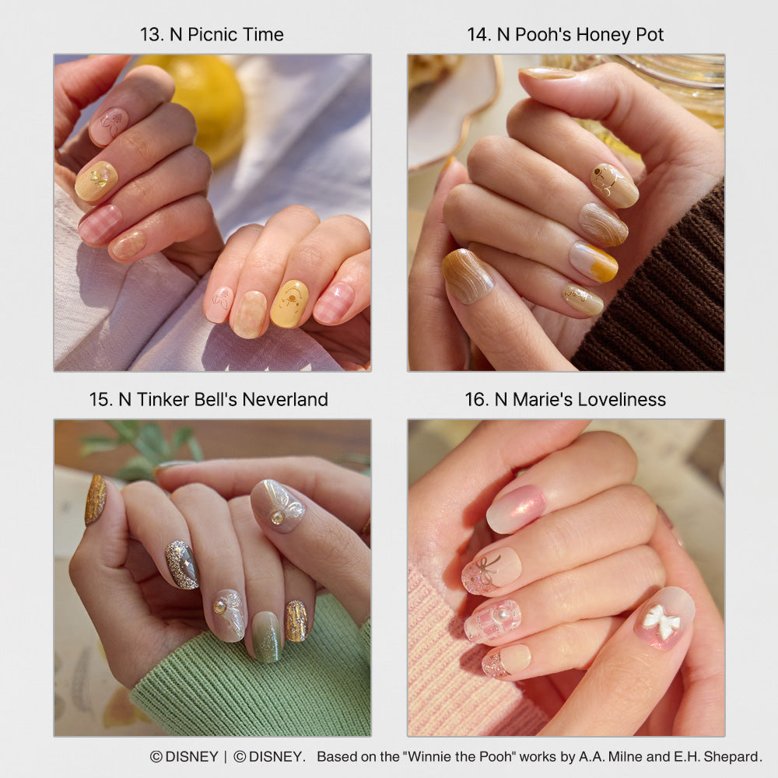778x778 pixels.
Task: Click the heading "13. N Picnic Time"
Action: point(212,35)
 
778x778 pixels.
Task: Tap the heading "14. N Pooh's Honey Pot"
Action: point(565,35)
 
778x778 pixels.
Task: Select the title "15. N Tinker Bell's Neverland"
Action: point(209,399)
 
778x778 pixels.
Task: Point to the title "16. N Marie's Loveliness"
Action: point(565,399)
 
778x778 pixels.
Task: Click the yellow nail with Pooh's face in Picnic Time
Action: point(290,303)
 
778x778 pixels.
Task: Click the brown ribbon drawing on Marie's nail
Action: point(487,570)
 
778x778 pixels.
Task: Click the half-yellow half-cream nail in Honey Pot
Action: point(594,261)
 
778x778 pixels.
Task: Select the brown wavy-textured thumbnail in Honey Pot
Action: point(467,275)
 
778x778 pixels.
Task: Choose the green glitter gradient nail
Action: point(267,636)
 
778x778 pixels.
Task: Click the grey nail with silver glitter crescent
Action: point(182,564)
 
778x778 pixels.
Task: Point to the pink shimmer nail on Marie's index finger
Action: point(516,508)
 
